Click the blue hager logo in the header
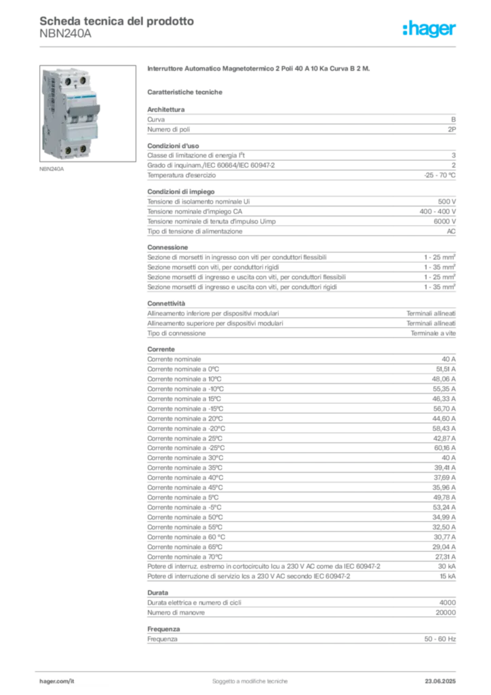click(x=430, y=29)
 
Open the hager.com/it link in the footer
click(x=57, y=679)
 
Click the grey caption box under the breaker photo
click(x=52, y=169)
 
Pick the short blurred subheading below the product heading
click(x=187, y=91)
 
